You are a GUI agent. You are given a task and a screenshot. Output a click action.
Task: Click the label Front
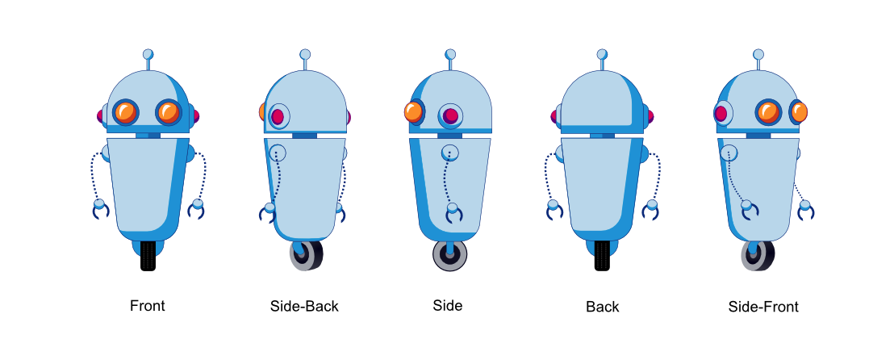pyautogui.click(x=148, y=306)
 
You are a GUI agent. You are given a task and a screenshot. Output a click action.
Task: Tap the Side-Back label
pyautogui.click(x=304, y=306)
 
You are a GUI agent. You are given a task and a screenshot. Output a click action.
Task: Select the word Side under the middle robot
pyautogui.click(x=448, y=305)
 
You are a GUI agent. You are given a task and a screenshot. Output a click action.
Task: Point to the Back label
pyautogui.click(x=603, y=307)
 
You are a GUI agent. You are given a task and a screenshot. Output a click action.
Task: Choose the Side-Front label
pyautogui.click(x=763, y=306)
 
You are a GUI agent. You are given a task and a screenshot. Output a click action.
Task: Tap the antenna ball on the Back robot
pyautogui.click(x=602, y=54)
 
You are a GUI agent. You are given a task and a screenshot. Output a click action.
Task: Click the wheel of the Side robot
pyautogui.click(x=450, y=256)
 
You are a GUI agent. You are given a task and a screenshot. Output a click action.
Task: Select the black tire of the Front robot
pyautogui.click(x=148, y=256)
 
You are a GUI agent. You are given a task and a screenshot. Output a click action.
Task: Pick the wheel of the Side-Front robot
pyautogui.click(x=757, y=256)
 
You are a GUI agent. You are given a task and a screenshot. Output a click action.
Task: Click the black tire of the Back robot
pyautogui.click(x=602, y=256)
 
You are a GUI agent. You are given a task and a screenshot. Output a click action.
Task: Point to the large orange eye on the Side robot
pyautogui.click(x=414, y=111)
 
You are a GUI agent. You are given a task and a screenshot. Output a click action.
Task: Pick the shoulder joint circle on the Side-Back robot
pyautogui.click(x=278, y=152)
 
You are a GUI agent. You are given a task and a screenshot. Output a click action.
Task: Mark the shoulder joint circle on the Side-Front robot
pyautogui.click(x=729, y=152)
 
